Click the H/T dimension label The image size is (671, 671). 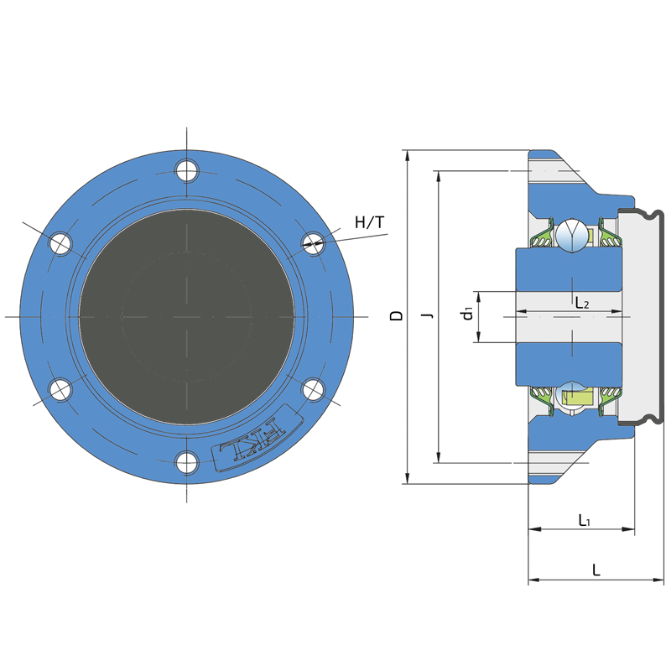[370, 222]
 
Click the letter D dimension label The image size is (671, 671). [396, 316]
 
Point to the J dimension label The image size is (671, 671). [428, 316]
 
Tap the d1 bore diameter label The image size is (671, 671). [467, 313]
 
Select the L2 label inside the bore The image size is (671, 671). [582, 304]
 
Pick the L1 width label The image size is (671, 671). [585, 520]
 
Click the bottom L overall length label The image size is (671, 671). [596, 570]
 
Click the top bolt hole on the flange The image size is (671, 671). [186, 170]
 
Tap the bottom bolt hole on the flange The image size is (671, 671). [186, 463]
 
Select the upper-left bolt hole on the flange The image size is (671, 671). [60, 244]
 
